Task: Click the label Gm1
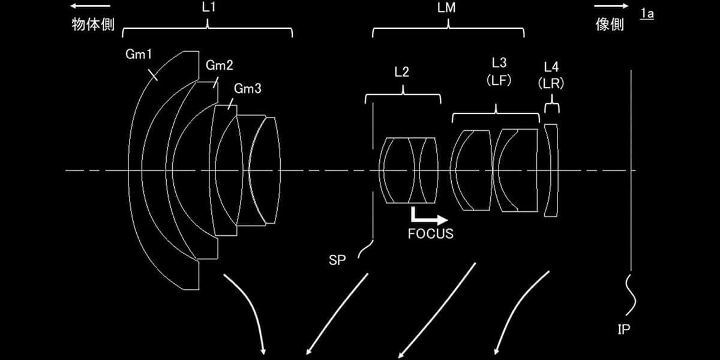(x=139, y=55)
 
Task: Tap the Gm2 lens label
(x=220, y=65)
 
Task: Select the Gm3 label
(x=247, y=88)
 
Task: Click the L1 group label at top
(x=209, y=7)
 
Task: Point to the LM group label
(x=446, y=7)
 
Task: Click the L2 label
(x=402, y=72)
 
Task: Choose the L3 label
(x=499, y=62)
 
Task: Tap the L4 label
(x=551, y=67)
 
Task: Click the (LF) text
(x=499, y=80)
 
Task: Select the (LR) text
(x=551, y=83)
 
